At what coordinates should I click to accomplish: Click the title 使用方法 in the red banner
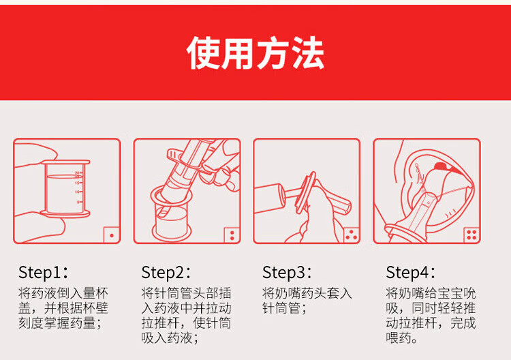click(x=255, y=52)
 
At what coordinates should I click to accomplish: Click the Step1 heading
click(x=43, y=272)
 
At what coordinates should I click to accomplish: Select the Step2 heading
click(x=166, y=272)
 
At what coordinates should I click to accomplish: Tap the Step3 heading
click(x=287, y=272)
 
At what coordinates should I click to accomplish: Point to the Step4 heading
click(x=411, y=272)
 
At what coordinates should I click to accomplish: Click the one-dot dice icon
click(x=112, y=235)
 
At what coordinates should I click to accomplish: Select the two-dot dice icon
click(x=232, y=235)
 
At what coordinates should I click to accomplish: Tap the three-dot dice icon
click(x=352, y=235)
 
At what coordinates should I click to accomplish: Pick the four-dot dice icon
click(x=471, y=235)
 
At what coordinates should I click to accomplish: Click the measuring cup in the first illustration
click(x=65, y=188)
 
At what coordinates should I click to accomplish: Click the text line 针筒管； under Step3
click(x=285, y=308)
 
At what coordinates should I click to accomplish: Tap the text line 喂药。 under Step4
click(x=402, y=337)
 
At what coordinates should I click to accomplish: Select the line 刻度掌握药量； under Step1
click(x=60, y=322)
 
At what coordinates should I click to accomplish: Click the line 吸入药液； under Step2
click(x=170, y=337)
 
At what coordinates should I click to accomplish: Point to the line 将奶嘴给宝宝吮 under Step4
click(x=431, y=293)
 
